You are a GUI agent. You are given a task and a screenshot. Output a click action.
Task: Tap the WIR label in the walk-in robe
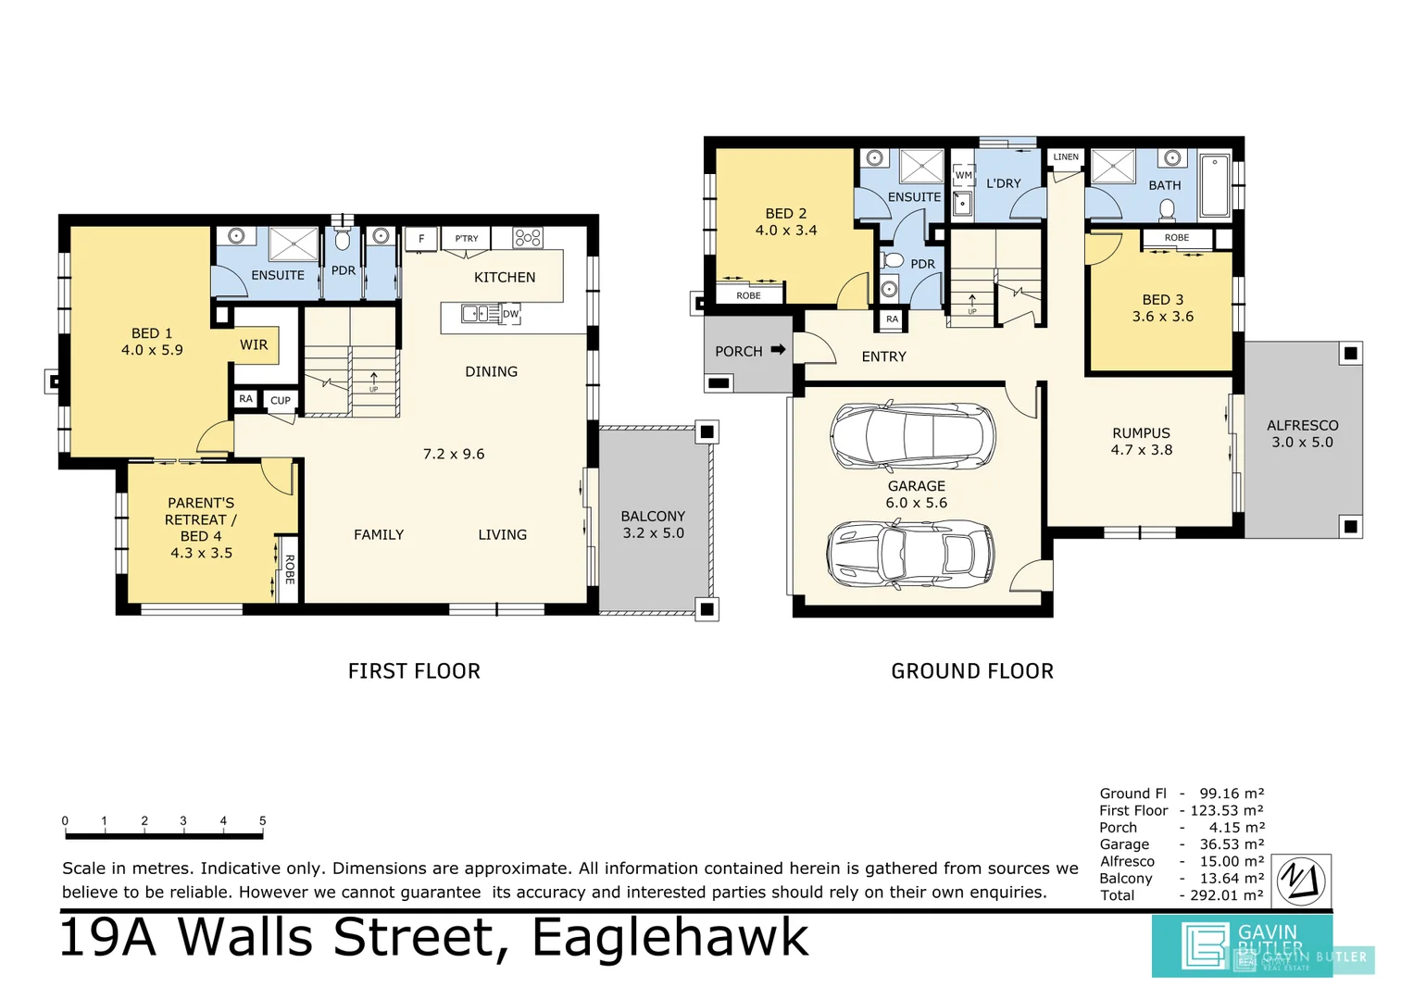[x=254, y=344]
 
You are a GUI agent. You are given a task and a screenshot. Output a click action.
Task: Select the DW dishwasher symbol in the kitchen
[x=510, y=314]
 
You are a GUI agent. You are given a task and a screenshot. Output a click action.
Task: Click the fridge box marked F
[x=421, y=239]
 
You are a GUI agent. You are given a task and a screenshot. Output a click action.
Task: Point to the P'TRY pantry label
[x=467, y=239]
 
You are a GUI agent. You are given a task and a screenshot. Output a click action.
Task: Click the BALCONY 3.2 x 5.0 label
[x=653, y=524]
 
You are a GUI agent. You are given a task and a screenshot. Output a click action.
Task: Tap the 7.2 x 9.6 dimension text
[x=454, y=454]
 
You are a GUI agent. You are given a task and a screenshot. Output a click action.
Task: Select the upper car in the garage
[x=913, y=436]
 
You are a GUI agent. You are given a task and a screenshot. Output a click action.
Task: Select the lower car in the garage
[x=909, y=554]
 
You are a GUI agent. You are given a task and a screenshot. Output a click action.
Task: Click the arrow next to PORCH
[x=778, y=350]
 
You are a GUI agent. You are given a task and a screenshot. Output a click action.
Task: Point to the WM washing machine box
[x=964, y=175]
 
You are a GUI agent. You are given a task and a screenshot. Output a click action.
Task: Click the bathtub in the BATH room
[x=1214, y=186]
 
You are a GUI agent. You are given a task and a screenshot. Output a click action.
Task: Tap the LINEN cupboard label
[x=1066, y=156]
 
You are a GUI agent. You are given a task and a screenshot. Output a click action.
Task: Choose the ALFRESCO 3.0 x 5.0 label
[x=1302, y=433]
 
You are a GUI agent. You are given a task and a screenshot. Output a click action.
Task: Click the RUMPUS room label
[x=1141, y=433]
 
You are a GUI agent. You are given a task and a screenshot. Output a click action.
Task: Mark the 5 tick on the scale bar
[x=263, y=821]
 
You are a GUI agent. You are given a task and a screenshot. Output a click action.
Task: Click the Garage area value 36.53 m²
[x=1232, y=844]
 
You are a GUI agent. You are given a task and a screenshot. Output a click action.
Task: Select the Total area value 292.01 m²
[x=1227, y=895]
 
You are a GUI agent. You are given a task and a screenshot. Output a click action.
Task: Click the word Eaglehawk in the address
[x=669, y=937]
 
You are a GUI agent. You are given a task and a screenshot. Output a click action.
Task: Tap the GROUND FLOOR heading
[x=972, y=671]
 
